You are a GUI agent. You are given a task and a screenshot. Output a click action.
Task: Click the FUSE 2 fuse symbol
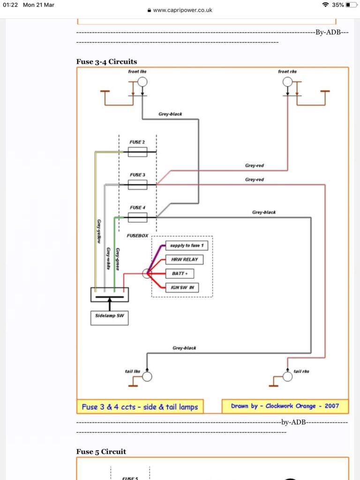(137, 152)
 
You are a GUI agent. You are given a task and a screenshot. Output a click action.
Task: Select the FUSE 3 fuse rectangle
(137, 185)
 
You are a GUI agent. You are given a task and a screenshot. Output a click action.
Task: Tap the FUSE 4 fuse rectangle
(137, 217)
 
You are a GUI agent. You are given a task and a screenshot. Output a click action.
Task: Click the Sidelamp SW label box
(109, 318)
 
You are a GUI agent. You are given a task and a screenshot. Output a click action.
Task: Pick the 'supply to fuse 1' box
(187, 246)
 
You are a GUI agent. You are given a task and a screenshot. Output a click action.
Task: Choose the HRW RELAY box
(184, 260)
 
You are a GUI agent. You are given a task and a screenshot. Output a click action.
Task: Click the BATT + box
(180, 273)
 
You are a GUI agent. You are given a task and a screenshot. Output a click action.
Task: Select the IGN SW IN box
(182, 287)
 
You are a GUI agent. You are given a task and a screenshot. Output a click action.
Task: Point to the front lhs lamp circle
(142, 82)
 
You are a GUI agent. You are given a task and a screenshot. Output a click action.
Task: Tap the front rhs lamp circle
(287, 82)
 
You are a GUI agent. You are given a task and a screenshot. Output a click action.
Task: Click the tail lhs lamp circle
(147, 376)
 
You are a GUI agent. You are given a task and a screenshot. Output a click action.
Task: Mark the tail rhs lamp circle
(287, 376)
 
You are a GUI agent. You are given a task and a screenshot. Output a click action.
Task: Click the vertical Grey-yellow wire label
(99, 231)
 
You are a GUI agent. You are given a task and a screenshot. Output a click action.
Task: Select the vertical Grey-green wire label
(118, 259)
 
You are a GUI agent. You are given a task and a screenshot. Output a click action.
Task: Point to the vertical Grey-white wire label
(108, 259)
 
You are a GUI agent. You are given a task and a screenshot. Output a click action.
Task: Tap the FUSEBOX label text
(137, 236)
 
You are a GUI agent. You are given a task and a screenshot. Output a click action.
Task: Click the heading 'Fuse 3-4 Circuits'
(106, 61)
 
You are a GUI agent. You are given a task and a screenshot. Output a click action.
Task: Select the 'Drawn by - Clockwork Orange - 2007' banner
(285, 406)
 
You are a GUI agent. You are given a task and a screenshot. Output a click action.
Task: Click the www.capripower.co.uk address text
(182, 10)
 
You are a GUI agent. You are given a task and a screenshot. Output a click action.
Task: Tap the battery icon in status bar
(351, 5)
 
